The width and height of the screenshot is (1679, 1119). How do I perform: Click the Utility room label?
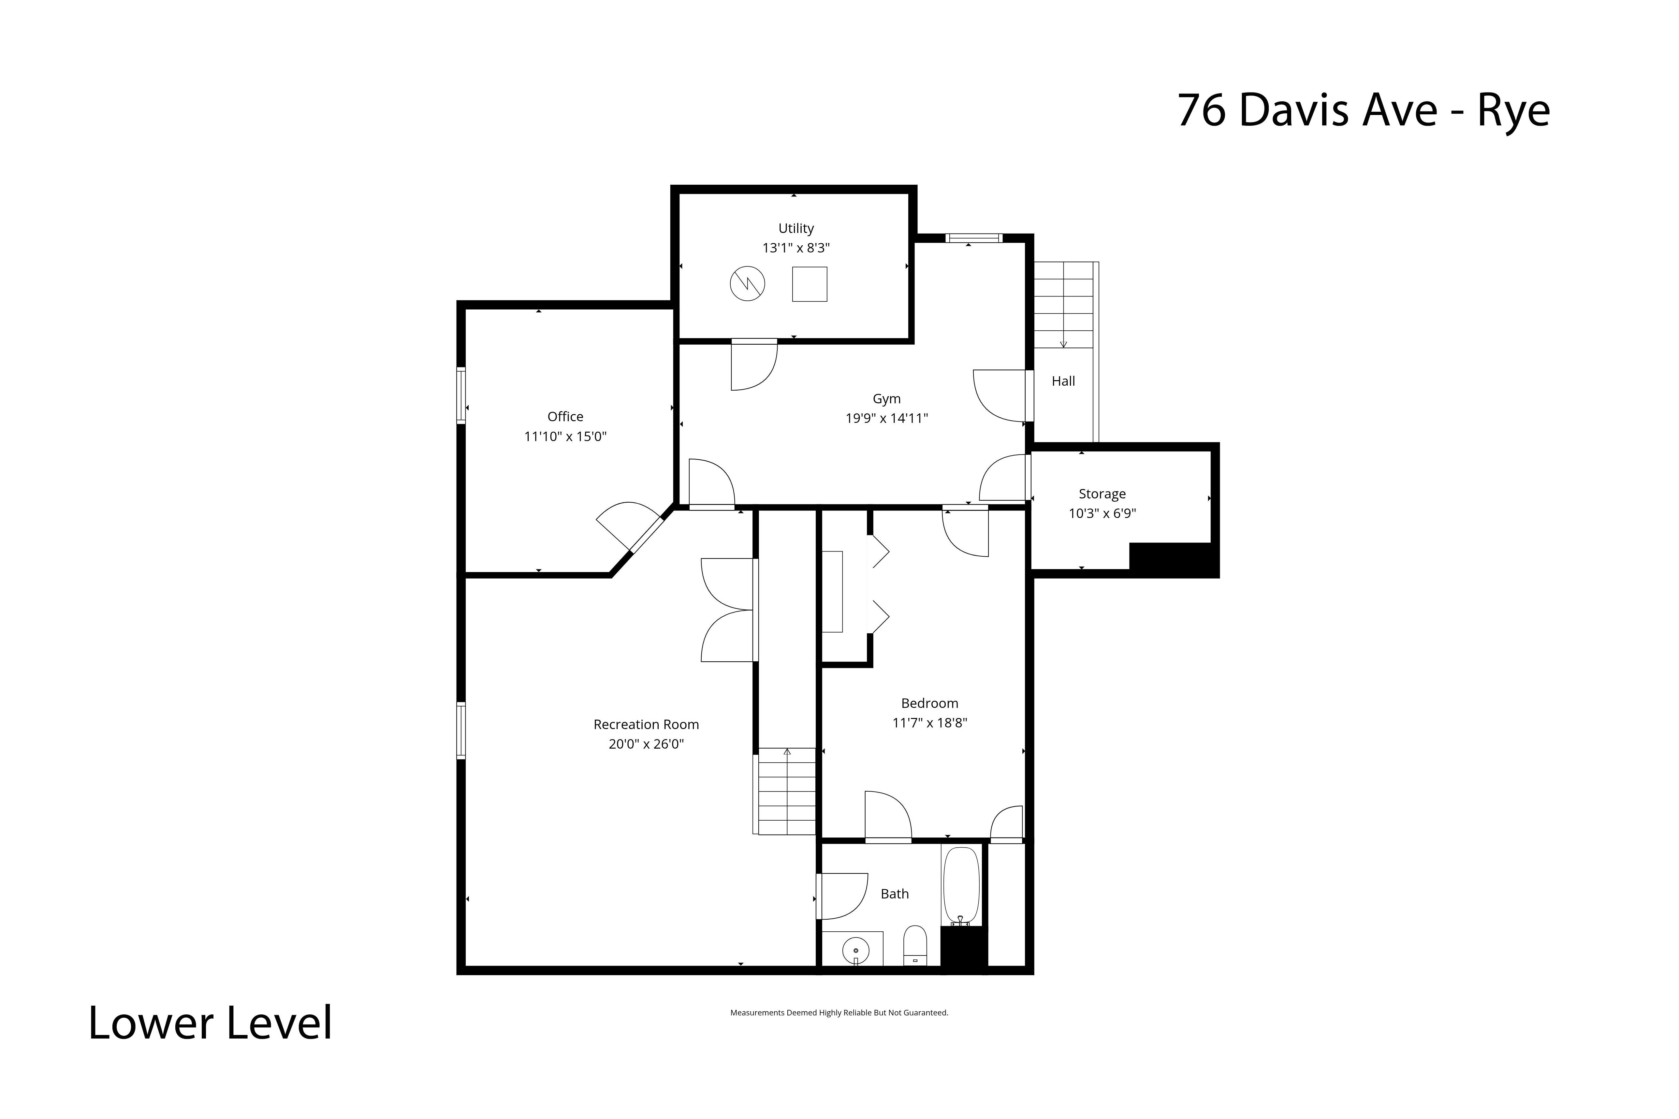click(x=796, y=228)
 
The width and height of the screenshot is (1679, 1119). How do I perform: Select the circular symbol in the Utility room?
click(x=747, y=284)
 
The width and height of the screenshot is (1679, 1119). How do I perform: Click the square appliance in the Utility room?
click(x=810, y=284)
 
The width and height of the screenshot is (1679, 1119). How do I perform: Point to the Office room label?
click(x=565, y=417)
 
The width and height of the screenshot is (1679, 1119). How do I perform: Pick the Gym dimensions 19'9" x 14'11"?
click(x=887, y=418)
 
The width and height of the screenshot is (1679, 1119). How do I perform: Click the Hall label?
click(x=1063, y=381)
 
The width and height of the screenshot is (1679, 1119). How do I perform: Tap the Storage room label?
click(x=1102, y=494)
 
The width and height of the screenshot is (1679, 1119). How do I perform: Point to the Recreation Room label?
click(x=646, y=724)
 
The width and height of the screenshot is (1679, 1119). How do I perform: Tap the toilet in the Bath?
click(x=915, y=946)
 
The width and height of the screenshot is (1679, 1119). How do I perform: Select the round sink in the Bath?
click(x=855, y=951)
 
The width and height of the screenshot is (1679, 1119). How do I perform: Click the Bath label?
click(x=895, y=894)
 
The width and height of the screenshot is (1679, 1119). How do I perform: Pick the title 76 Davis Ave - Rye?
click(x=1364, y=111)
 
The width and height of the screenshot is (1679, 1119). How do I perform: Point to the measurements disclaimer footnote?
click(x=839, y=1013)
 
